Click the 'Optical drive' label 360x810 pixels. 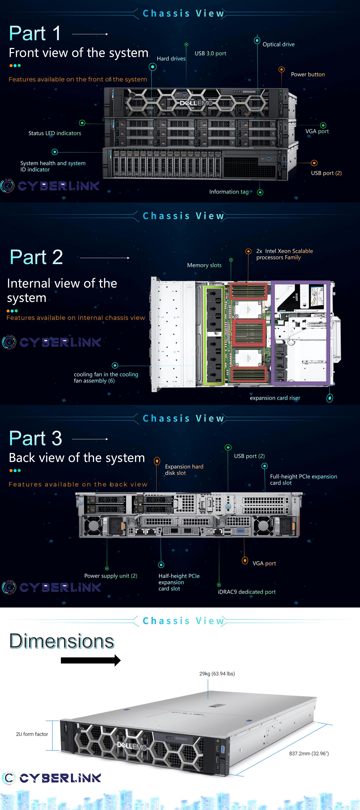pos(278,44)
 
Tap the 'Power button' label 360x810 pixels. pos(308,75)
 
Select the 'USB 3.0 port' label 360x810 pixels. pos(210,53)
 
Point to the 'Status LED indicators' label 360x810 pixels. pos(55,133)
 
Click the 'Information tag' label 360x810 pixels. pos(229,192)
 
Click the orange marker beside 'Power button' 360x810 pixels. pos(281,69)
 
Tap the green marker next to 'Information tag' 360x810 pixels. pos(260,192)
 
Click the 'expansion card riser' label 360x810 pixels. pos(275,398)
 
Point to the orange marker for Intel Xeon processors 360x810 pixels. pos(248,251)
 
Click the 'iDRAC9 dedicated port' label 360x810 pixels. pos(247,592)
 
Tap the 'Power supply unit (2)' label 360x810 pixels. pos(111,576)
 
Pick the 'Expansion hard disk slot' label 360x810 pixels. pos(184,470)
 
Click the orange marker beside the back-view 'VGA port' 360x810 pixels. pos(245,560)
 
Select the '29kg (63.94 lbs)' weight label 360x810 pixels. pos(217,674)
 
